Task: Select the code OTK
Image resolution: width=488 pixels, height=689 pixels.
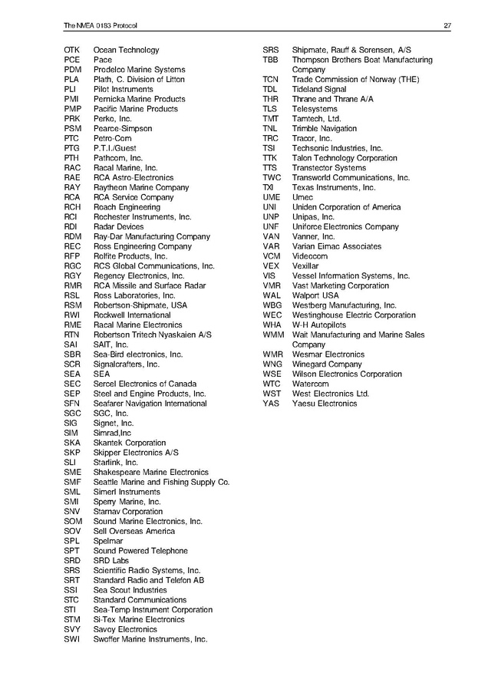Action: click(72, 50)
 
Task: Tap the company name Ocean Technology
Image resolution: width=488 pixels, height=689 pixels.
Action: click(126, 50)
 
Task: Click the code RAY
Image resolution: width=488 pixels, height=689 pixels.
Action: click(72, 187)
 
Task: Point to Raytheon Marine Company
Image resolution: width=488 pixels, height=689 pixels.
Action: click(140, 187)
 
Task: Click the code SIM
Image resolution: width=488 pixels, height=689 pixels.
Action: click(71, 433)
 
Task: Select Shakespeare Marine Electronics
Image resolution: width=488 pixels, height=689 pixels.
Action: click(150, 473)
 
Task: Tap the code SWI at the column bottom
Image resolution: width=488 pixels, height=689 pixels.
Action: click(71, 639)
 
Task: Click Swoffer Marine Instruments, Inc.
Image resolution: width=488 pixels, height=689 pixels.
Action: click(150, 639)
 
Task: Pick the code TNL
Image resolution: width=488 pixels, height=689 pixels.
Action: click(269, 129)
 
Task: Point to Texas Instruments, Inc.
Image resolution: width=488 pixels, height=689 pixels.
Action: click(334, 187)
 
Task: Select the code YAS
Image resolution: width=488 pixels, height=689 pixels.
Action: click(271, 404)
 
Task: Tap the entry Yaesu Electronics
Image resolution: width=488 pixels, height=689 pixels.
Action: click(325, 404)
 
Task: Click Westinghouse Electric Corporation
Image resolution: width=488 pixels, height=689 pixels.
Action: click(354, 315)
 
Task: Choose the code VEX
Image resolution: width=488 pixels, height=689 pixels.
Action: click(270, 266)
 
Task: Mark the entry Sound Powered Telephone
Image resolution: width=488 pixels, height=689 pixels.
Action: click(140, 551)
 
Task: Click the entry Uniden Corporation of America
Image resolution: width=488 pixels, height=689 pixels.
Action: click(346, 207)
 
